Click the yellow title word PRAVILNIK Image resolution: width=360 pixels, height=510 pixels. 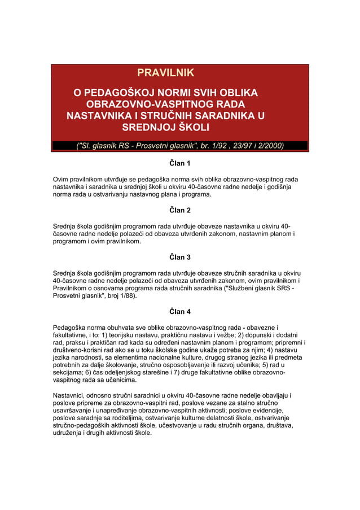coord(165,73)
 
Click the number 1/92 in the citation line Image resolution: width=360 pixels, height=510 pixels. coord(219,146)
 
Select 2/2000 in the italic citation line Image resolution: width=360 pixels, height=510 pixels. coord(269,146)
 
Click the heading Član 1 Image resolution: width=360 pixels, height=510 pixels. coord(180,164)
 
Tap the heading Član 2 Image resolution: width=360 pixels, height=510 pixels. coord(180,210)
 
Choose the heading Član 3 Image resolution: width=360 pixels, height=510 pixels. coord(180,257)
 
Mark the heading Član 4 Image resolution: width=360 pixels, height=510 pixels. coord(180,311)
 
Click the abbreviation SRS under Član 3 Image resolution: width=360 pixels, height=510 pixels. coord(285,287)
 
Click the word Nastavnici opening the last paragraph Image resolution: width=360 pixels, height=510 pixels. coord(72,396)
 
